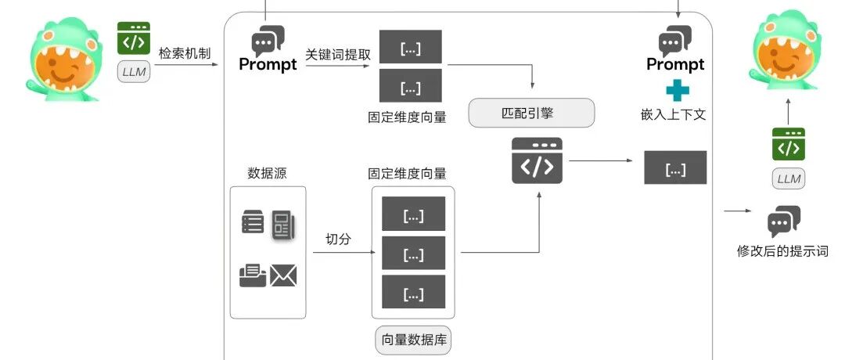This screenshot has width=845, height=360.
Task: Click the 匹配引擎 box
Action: click(x=531, y=113)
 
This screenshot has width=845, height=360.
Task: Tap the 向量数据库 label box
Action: click(x=414, y=340)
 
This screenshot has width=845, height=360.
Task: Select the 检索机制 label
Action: click(x=185, y=53)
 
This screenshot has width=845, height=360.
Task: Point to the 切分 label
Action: click(x=339, y=239)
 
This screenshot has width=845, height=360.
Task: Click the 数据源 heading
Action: click(x=268, y=173)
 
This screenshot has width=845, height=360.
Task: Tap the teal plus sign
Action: click(x=678, y=90)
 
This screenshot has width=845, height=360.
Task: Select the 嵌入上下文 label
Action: click(x=673, y=115)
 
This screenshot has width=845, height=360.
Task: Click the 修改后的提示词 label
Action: click(x=782, y=251)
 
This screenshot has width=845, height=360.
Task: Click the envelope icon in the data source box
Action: click(x=283, y=275)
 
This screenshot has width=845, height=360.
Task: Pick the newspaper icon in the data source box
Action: click(x=283, y=224)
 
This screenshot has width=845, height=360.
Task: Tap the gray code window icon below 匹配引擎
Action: click(x=537, y=160)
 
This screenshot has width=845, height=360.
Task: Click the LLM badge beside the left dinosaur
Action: click(x=135, y=72)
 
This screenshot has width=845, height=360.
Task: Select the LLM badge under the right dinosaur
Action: click(x=789, y=178)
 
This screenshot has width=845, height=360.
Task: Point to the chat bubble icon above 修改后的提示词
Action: click(x=783, y=221)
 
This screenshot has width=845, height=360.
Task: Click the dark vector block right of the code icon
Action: click(x=675, y=167)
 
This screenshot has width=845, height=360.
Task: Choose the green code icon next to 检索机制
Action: click(x=134, y=38)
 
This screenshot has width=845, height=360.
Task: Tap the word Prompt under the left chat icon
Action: click(x=268, y=65)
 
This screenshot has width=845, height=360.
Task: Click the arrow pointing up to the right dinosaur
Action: click(x=789, y=112)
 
